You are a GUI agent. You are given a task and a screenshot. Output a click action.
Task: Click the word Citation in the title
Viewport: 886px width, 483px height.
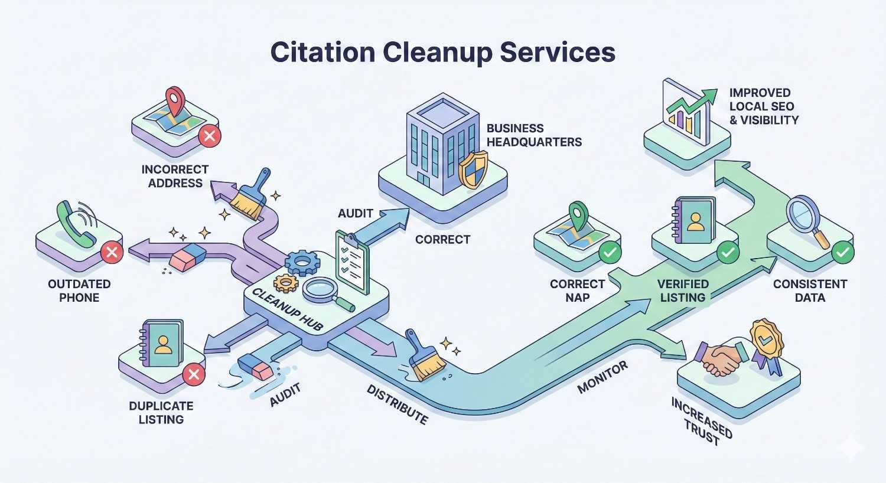(322, 52)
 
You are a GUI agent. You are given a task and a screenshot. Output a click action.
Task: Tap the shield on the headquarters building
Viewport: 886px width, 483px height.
(473, 169)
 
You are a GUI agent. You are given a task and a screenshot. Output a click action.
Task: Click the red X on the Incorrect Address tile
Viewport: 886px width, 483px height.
(209, 137)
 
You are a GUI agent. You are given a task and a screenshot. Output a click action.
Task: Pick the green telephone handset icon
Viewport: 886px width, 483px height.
(76, 224)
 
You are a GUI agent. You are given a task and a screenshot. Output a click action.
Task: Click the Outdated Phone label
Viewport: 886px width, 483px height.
(79, 291)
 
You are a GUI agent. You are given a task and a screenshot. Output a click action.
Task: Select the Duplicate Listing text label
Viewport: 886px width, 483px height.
(161, 413)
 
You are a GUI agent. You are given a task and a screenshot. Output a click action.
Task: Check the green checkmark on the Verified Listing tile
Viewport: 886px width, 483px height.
(727, 253)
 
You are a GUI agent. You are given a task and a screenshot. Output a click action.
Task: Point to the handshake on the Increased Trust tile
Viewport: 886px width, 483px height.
(719, 358)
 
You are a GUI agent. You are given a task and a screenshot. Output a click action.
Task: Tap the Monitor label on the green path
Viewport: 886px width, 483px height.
(602, 378)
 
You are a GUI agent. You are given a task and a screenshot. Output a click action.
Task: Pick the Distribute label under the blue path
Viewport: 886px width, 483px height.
(397, 404)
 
